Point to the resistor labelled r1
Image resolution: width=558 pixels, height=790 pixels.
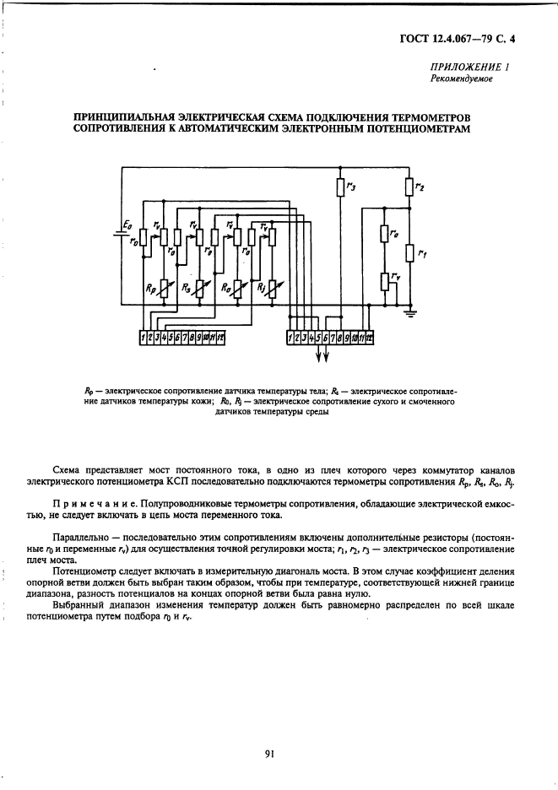click(409, 252)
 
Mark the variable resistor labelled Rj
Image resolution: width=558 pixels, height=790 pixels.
click(273, 290)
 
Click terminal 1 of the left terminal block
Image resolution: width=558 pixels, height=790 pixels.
click(144, 339)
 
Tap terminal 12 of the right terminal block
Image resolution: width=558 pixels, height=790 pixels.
click(370, 339)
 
